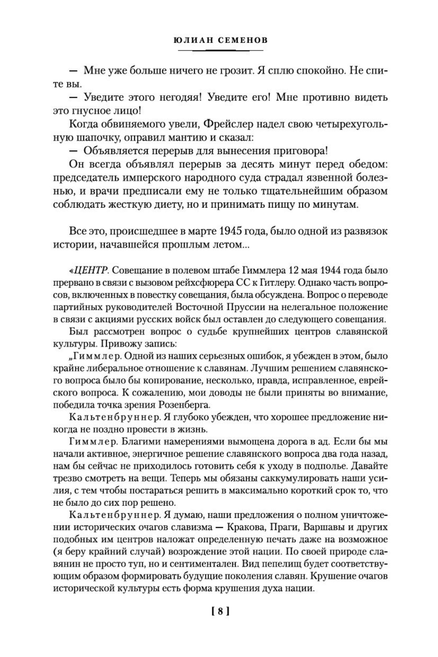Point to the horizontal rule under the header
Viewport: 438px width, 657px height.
tap(220, 51)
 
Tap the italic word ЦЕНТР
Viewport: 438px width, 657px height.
tap(92, 271)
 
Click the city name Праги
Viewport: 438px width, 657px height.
tap(284, 527)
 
